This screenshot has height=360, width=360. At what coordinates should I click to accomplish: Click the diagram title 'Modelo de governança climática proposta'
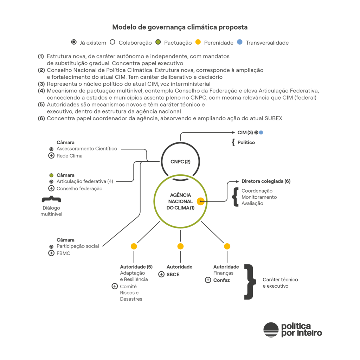180,27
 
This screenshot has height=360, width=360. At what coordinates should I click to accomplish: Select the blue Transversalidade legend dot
240,43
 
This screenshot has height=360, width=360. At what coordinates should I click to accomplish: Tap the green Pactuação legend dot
158,43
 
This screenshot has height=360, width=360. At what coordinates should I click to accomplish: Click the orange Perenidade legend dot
198,43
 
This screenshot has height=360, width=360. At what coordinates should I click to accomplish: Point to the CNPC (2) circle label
180,162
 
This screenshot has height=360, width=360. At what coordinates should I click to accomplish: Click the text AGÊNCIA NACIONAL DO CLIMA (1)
180,201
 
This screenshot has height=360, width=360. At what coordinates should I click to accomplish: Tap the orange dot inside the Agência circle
200,201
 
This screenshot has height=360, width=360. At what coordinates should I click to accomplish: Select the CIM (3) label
245,133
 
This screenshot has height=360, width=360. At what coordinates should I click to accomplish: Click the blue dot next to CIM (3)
261,133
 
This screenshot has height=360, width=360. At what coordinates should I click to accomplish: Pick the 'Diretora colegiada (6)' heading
266,181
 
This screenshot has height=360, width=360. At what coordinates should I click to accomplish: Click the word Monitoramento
259,197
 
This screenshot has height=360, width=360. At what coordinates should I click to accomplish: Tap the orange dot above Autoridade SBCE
180,246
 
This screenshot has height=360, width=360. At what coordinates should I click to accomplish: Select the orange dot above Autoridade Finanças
227,246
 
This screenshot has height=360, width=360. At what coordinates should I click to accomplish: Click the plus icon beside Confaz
208,280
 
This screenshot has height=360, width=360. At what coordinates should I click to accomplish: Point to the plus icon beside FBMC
51,253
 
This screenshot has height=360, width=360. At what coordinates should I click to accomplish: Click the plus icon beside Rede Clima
51,156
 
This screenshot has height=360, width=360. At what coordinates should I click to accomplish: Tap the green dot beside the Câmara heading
51,175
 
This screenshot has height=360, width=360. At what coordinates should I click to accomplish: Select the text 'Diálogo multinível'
51,211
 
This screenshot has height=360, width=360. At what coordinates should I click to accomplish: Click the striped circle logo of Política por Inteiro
271,330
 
